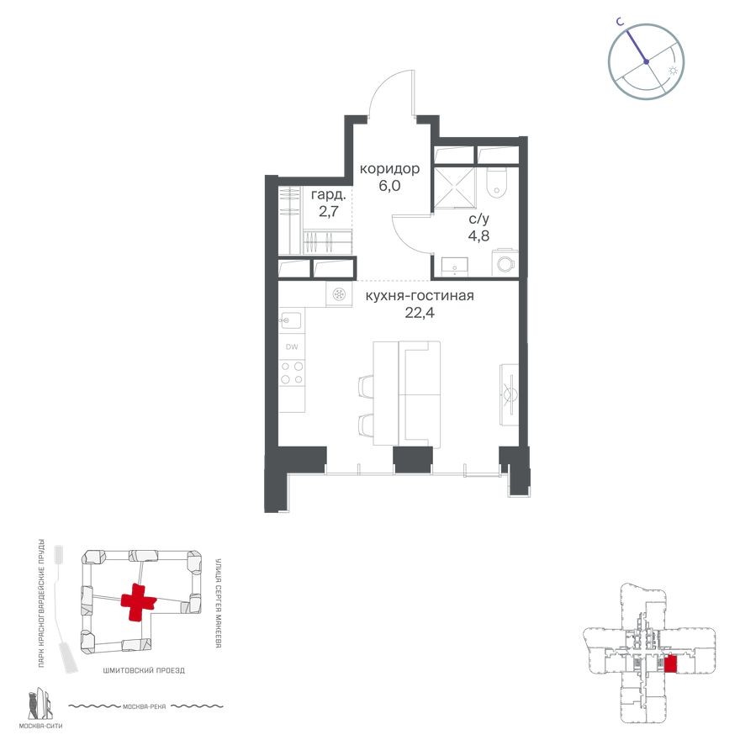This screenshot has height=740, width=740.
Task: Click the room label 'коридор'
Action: pyautogui.click(x=389, y=169)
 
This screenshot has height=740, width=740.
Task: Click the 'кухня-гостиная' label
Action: pyautogui.click(x=420, y=296)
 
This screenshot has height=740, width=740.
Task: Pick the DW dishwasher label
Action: pyautogui.click(x=292, y=346)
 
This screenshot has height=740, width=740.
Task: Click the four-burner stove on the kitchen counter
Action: pyautogui.click(x=292, y=373)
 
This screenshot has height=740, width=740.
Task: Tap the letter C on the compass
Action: pyautogui.click(x=618, y=24)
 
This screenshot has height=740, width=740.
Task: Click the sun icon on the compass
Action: pyautogui.click(x=671, y=71)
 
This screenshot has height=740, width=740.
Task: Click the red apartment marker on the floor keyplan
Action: pyautogui.click(x=670, y=664)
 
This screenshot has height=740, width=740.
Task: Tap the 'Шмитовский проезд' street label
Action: pyautogui.click(x=143, y=670)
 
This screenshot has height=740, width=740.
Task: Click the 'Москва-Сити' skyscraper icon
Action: pyautogui.click(x=39, y=705)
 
